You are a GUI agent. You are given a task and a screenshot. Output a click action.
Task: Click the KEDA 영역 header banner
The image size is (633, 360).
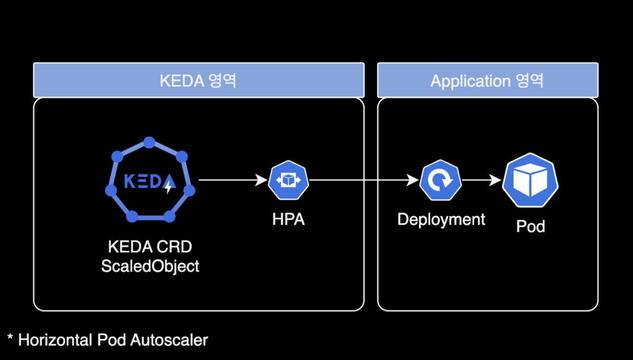click(198, 80)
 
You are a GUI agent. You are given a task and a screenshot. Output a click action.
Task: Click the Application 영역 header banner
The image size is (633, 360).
click(487, 80)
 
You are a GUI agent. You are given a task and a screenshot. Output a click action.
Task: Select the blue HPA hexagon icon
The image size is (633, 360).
click(288, 180)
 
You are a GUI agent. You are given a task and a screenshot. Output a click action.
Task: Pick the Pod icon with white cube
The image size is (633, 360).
click(530, 180)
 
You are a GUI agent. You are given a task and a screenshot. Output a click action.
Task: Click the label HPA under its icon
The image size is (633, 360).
click(288, 219)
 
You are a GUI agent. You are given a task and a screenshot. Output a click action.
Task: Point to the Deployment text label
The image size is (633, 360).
click(441, 219)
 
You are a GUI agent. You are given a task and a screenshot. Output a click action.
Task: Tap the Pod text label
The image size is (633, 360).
click(530, 226)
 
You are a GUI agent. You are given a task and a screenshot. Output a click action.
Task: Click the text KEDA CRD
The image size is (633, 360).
click(150, 247)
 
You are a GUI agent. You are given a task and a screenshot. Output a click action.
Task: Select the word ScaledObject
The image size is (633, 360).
click(150, 266)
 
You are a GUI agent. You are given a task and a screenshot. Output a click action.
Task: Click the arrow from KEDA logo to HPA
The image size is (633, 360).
click(231, 180)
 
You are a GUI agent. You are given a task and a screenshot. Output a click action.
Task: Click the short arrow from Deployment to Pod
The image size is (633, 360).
click(480, 180)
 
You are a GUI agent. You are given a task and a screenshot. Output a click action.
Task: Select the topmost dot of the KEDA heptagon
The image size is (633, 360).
click(149, 142)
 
